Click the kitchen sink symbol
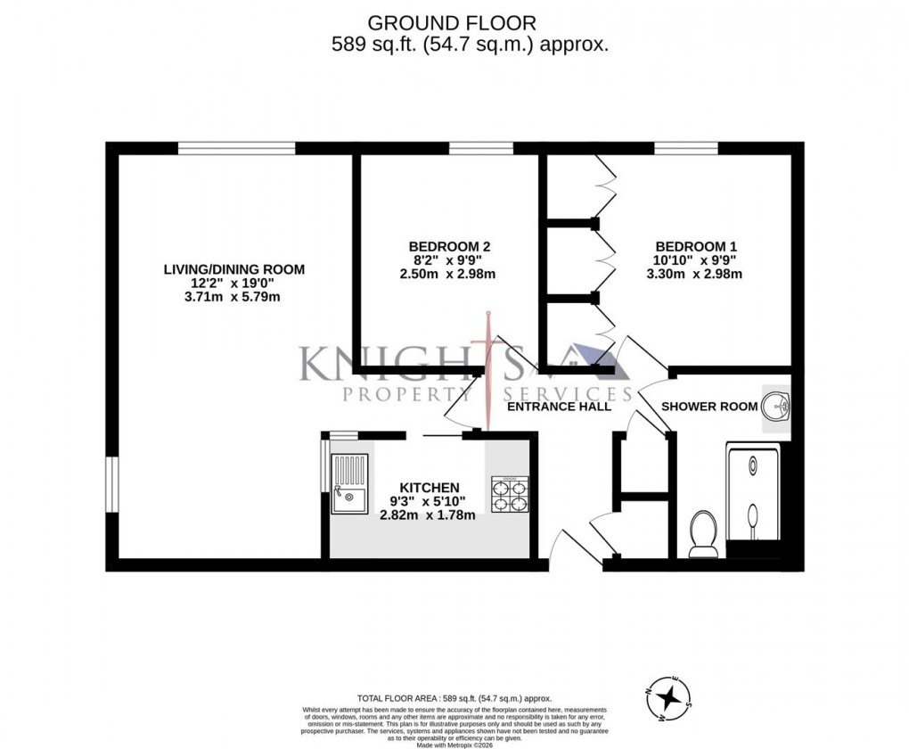tap(348, 484)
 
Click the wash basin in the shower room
tap(776, 407)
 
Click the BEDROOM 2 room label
tap(449, 247)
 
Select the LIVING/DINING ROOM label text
tap(233, 269)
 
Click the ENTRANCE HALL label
tap(559, 407)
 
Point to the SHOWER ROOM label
tap(709, 407)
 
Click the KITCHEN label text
tap(429, 488)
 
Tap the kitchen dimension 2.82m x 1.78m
tap(428, 515)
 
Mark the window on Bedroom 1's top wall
tap(686, 148)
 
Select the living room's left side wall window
tap(112, 485)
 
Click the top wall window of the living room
tap(236, 148)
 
